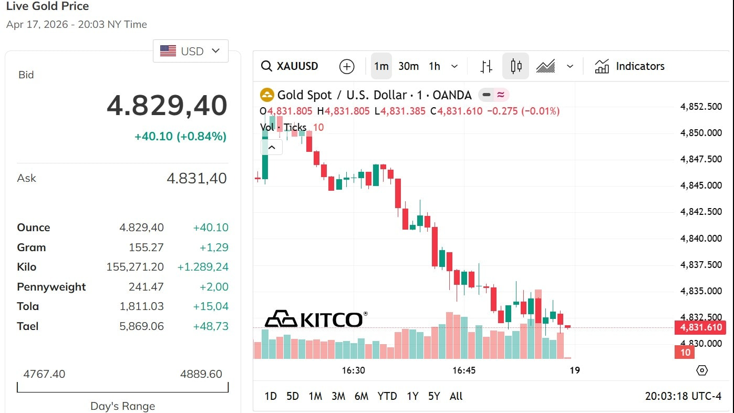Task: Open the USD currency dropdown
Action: (191, 51)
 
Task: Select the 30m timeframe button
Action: (408, 66)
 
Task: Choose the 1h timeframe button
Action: (435, 66)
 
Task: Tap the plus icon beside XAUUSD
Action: (347, 66)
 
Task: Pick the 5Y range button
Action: (434, 396)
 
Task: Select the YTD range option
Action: (387, 396)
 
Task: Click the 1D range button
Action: (271, 396)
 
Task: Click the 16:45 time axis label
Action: (464, 370)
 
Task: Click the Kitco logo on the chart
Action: (315, 318)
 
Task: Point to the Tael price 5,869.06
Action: (142, 326)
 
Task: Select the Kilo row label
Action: (27, 267)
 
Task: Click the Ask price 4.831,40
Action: (197, 179)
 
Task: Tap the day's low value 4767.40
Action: (44, 374)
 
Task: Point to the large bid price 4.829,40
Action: (167, 106)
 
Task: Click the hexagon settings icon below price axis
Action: (702, 370)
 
